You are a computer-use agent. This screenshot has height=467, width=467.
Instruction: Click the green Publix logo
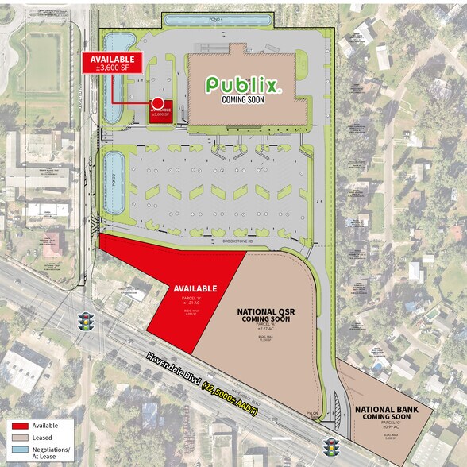click(x=244, y=83)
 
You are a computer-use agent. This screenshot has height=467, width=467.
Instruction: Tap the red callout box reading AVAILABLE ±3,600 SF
click(x=112, y=64)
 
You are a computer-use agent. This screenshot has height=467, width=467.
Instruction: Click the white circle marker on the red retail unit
click(x=158, y=103)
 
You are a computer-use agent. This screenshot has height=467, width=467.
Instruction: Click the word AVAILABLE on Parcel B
click(x=195, y=288)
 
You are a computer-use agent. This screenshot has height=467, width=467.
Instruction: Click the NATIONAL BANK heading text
click(x=385, y=409)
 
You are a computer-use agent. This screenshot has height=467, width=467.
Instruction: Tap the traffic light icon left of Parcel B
click(x=85, y=322)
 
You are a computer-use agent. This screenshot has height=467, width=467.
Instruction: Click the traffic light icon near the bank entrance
click(x=330, y=446)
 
